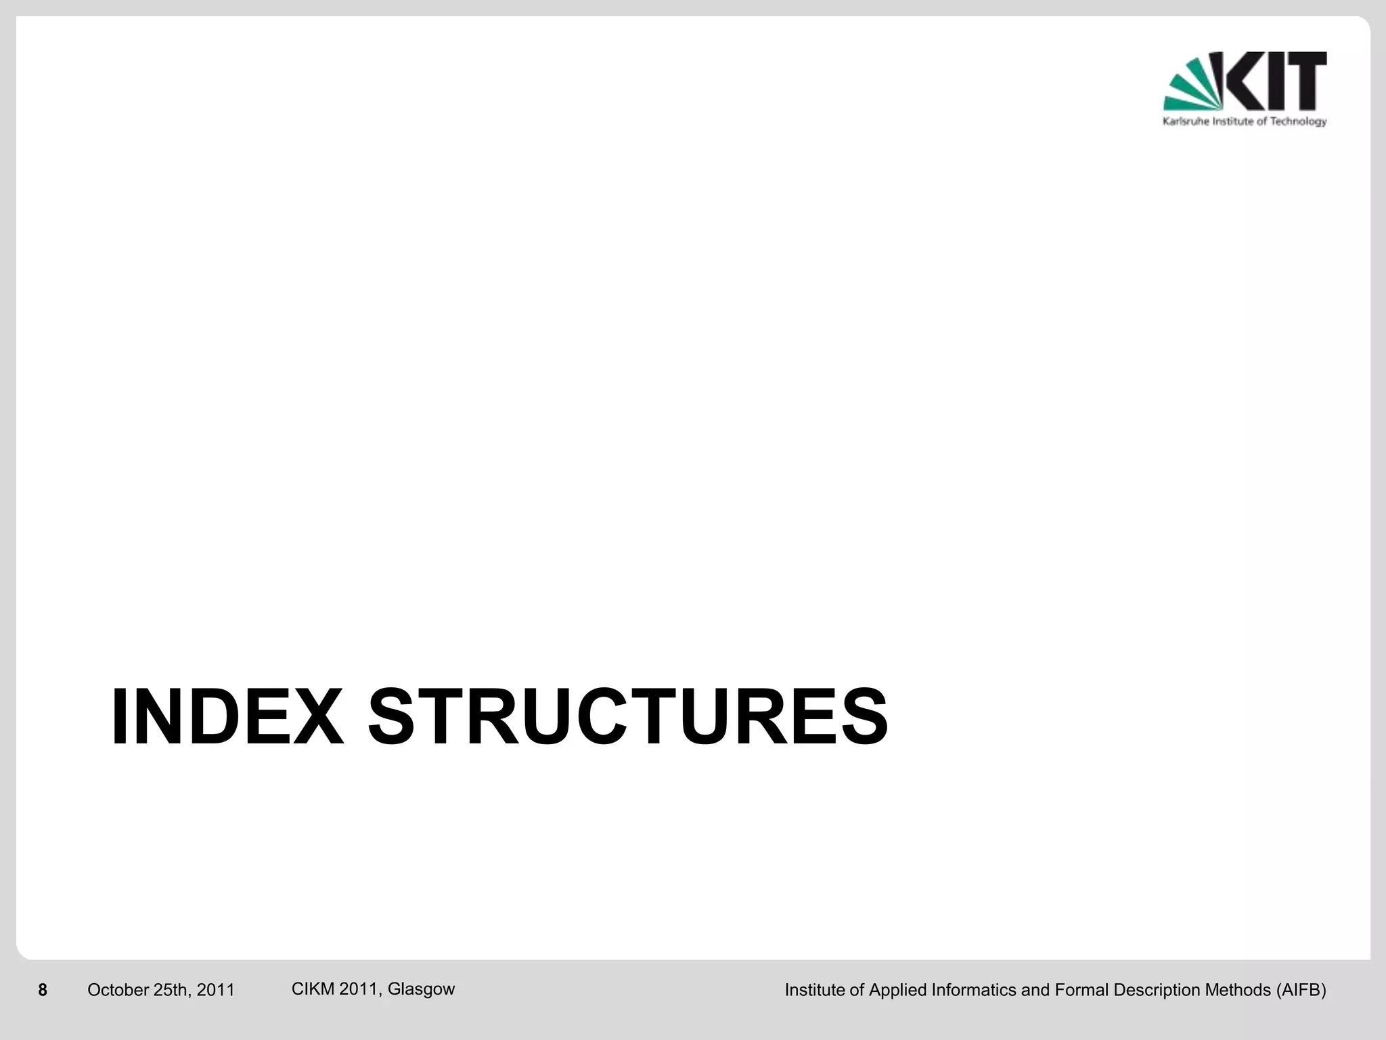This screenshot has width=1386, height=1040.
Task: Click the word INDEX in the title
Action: pyautogui.click(x=227, y=718)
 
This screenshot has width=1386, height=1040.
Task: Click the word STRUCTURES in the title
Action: pyautogui.click(x=627, y=718)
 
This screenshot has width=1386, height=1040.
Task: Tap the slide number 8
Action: pyautogui.click(x=43, y=991)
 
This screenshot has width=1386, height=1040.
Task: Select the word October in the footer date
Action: pyautogui.click(x=118, y=991)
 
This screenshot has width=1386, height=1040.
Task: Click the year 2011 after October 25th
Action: pyautogui.click(x=216, y=991)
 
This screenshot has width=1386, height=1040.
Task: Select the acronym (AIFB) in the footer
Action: pyautogui.click(x=1301, y=991)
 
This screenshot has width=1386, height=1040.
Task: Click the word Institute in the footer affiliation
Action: pyautogui.click(x=814, y=991)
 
